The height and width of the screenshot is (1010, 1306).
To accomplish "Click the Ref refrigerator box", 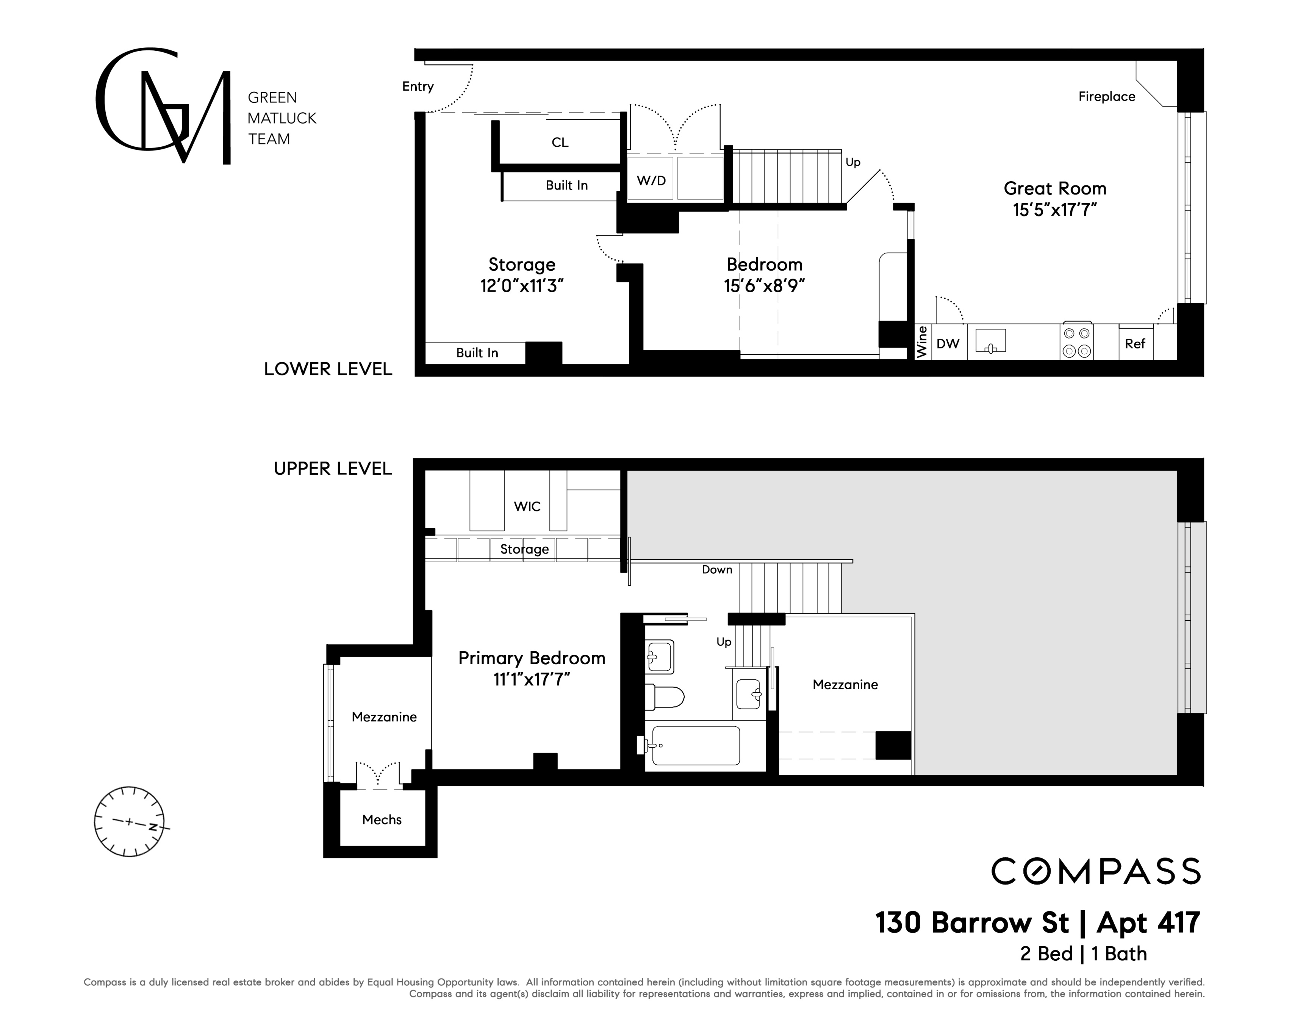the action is (1136, 343).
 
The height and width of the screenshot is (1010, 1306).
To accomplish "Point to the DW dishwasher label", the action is (948, 343).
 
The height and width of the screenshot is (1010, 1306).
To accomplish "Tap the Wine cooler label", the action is (922, 342).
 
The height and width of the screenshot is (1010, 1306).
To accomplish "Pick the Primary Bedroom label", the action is (532, 658).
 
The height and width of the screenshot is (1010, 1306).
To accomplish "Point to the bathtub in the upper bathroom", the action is (696, 745).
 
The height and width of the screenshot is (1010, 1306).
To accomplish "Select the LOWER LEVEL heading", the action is (328, 369).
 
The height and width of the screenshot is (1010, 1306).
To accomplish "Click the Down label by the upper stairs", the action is (717, 569).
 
